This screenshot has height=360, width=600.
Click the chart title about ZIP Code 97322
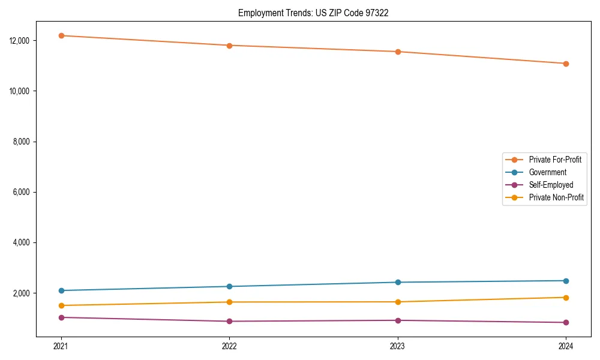313,13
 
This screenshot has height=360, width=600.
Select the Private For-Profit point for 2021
61,35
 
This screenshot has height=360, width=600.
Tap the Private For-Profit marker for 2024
566,64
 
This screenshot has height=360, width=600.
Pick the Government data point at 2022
229,286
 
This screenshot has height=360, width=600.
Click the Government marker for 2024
566,281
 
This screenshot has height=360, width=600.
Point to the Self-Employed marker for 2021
61,317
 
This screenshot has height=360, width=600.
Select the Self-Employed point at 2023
397,320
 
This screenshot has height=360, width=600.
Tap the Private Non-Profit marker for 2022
229,302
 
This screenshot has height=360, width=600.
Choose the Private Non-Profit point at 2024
566,298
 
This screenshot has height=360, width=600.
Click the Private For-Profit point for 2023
397,52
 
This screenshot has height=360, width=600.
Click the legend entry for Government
547,172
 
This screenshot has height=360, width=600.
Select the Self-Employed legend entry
551,185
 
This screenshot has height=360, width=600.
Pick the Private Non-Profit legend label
556,197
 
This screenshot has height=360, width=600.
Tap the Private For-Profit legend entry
555,160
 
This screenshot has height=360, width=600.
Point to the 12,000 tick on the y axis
22,40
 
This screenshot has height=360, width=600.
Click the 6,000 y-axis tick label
23,192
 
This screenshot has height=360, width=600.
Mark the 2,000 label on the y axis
23,293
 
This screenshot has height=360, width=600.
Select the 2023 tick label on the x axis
397,346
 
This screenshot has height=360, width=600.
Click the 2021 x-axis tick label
61,346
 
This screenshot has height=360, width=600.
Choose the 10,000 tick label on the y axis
22,91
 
